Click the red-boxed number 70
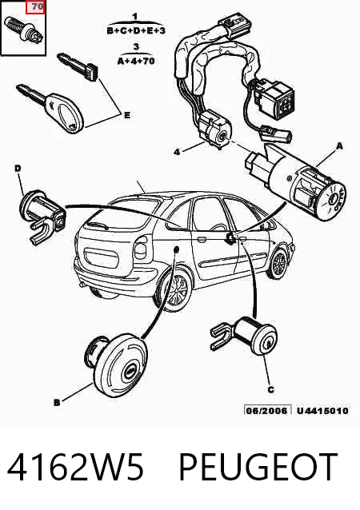[38, 6]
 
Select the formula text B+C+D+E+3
[136, 31]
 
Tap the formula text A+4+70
[136, 61]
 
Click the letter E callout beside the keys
[127, 115]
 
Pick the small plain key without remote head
[78, 67]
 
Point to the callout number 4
[177, 152]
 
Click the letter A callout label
[339, 146]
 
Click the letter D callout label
[18, 168]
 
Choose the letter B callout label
[57, 403]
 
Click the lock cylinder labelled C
[245, 336]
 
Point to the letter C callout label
[271, 389]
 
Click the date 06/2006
[267, 410]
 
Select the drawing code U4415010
[322, 410]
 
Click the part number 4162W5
[75, 467]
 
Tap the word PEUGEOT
[258, 467]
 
